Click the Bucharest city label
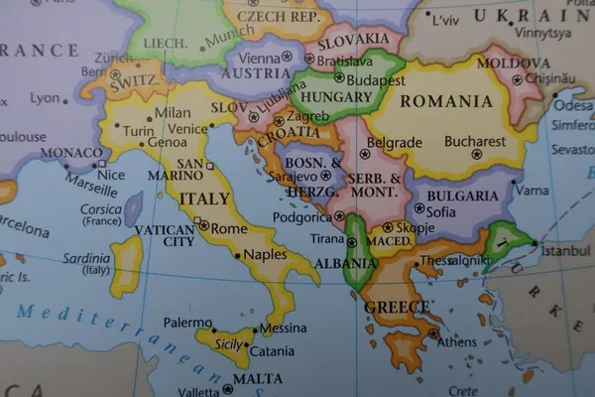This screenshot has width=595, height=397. [475, 141]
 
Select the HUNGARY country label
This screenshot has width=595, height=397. [334, 97]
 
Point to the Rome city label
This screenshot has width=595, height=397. [229, 228]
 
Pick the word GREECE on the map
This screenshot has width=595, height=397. [397, 307]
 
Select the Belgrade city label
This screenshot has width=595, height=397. [394, 143]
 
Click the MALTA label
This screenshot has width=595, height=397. [257, 378]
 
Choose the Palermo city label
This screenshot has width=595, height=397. [188, 323]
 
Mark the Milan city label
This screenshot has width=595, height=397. [173, 113]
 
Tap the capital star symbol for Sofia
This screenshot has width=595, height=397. [418, 208]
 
